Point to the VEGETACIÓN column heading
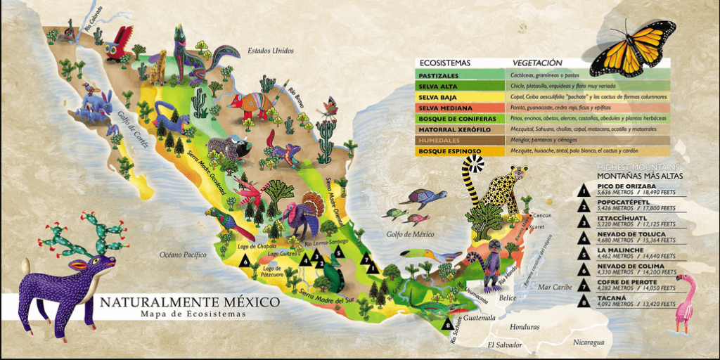pyautogui.click(x=537, y=63)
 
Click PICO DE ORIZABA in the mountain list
pyautogui.click(x=625, y=186)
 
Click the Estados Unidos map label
pyautogui.click(x=270, y=51)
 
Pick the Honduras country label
pyautogui.click(x=525, y=327)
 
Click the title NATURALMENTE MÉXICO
pyautogui.click(x=189, y=302)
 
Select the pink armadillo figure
pyautogui.click(x=250, y=103)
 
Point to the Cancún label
pyautogui.click(x=542, y=215)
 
